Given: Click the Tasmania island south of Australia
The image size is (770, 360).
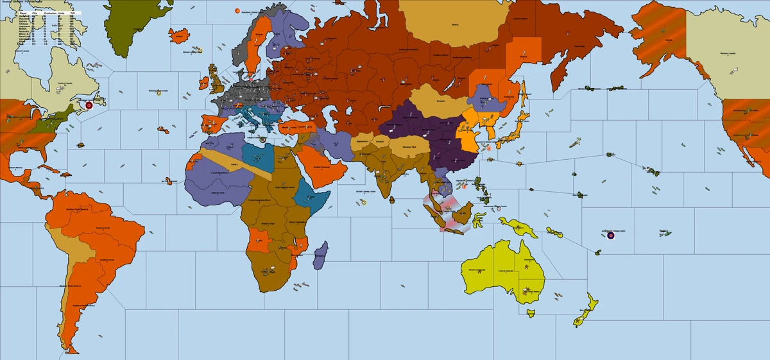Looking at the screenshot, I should (530, 313).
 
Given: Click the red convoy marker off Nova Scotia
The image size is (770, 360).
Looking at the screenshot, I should (89, 105).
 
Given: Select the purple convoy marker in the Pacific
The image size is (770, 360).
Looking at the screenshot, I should (610, 236).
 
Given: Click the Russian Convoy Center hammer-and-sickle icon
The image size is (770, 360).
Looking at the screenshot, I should (238, 11).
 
